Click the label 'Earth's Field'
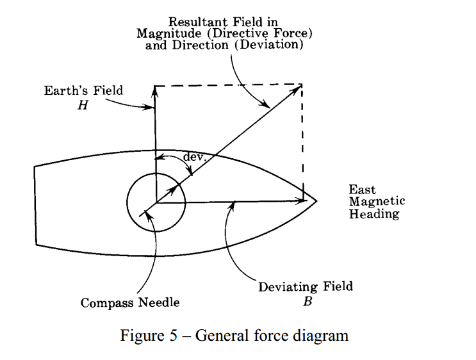[83, 91]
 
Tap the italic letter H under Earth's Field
[82, 105]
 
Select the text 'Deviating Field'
[306, 287]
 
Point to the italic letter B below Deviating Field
[308, 301]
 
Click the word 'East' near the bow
[362, 190]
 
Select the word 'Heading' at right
[373, 214]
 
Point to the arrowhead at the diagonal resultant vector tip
[298, 88]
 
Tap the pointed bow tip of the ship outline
[316, 200]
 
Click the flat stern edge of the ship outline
[35, 205]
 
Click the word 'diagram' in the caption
[324, 336]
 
